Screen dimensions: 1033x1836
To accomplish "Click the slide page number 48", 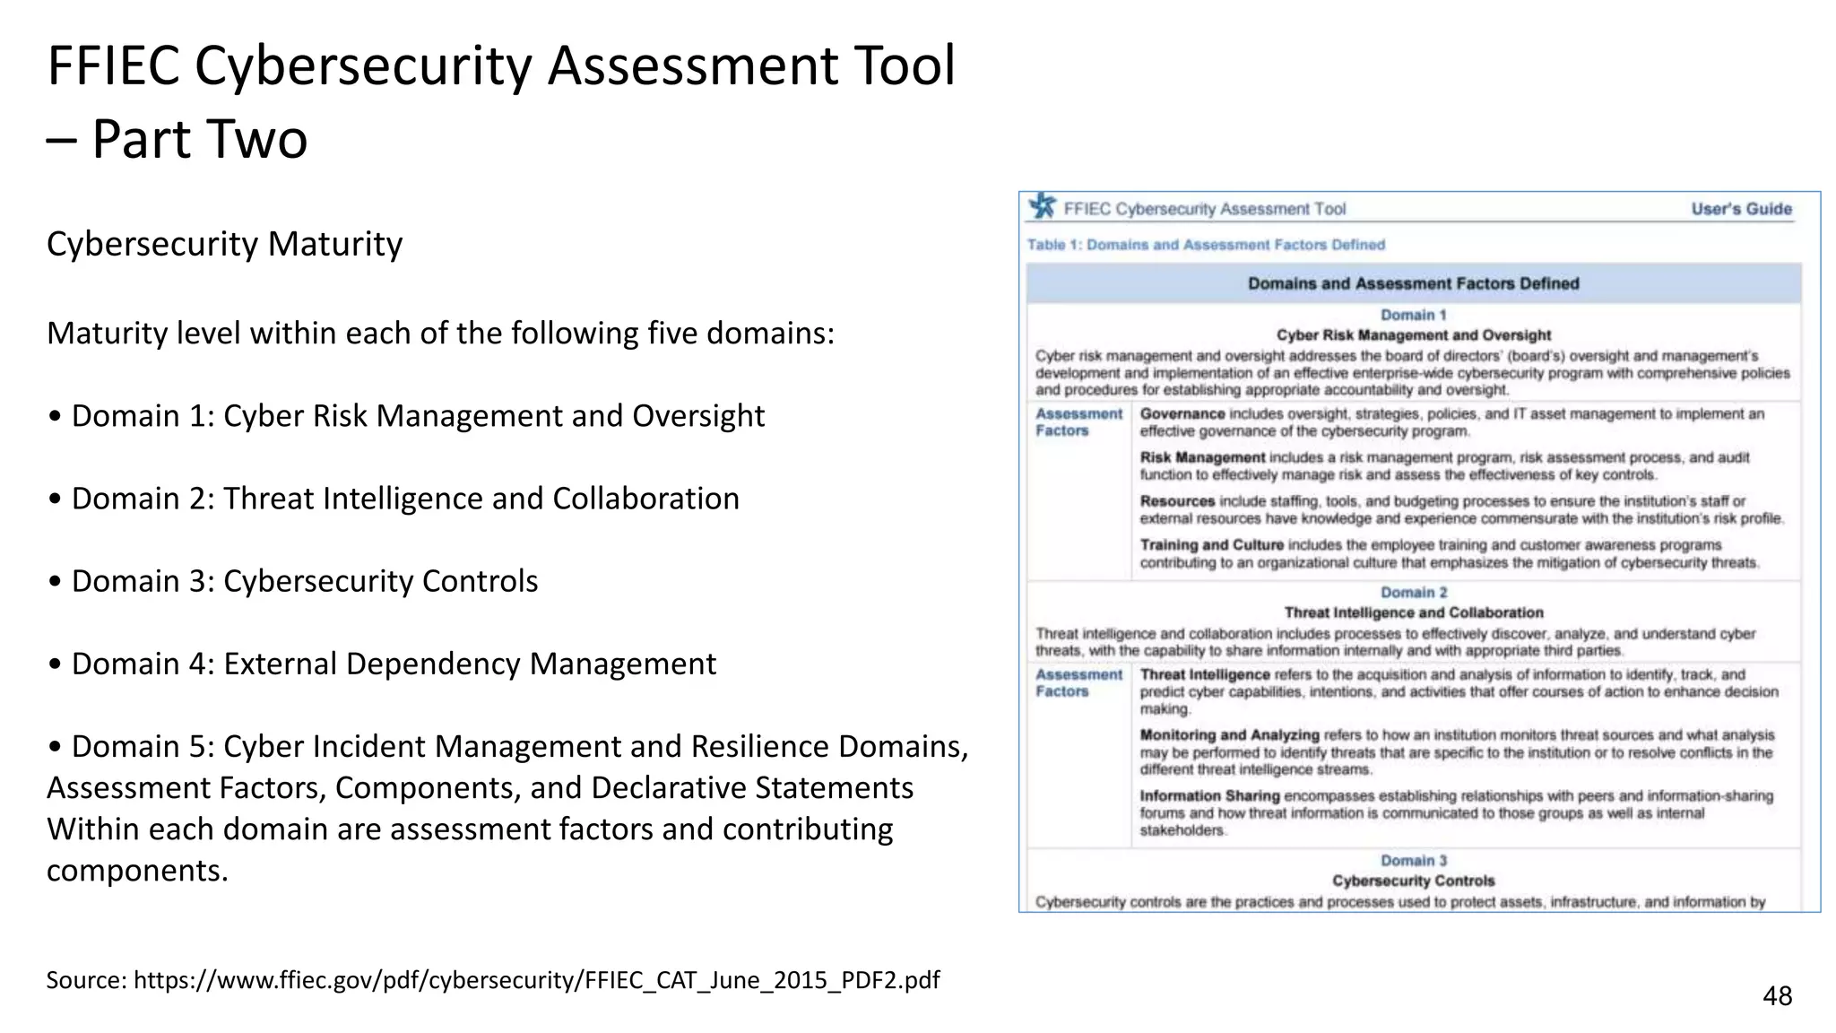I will pyautogui.click(x=1777, y=995).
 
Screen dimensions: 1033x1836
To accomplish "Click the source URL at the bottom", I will pyautogui.click(x=493, y=979).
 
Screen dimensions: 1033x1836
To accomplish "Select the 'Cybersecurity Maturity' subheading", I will pyautogui.click(x=224, y=244).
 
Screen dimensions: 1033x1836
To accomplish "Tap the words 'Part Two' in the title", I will pyautogui.click(x=199, y=139).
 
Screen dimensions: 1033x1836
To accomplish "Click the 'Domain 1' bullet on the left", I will pyautogui.click(x=406, y=416).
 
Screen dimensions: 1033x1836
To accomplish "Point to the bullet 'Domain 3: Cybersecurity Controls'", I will pyautogui.click(x=293, y=581).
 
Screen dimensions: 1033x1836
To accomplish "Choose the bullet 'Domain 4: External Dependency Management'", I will pyautogui.click(x=382, y=664).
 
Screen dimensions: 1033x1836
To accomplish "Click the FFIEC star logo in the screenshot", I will pyautogui.click(x=1043, y=207).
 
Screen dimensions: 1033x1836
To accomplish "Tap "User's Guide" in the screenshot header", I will pyautogui.click(x=1741, y=209).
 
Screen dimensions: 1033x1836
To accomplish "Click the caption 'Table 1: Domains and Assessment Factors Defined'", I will pyautogui.click(x=1206, y=245).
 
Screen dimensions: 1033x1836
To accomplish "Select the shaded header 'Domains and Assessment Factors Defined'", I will pyautogui.click(x=1413, y=283).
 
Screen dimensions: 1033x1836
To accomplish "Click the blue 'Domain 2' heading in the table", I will pyautogui.click(x=1413, y=593).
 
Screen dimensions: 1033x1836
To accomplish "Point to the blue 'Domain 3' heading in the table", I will pyautogui.click(x=1413, y=861).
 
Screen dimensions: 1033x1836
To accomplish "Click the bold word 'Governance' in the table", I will pyautogui.click(x=1182, y=414).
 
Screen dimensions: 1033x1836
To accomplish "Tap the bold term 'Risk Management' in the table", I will pyautogui.click(x=1202, y=457).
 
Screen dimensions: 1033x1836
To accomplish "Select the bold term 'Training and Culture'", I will pyautogui.click(x=1211, y=545).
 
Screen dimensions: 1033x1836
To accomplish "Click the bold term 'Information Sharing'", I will pyautogui.click(x=1209, y=796).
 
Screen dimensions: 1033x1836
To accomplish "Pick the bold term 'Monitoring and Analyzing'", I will pyautogui.click(x=1229, y=735).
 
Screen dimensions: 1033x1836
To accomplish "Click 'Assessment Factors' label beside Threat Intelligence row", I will pyautogui.click(x=1078, y=683).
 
